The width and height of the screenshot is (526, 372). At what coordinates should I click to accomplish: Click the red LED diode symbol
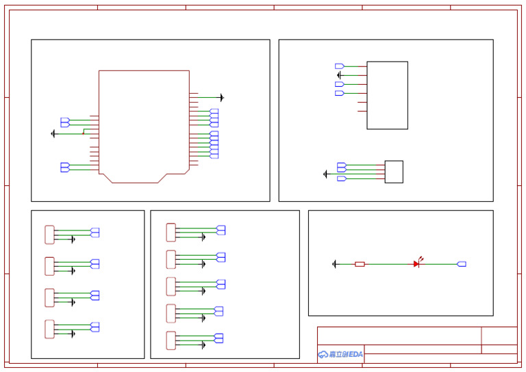(416, 263)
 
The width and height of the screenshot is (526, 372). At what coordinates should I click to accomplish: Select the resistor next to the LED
(360, 264)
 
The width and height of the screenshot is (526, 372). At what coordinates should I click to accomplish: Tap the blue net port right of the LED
(462, 264)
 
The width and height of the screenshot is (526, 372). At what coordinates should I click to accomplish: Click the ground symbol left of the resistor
(334, 264)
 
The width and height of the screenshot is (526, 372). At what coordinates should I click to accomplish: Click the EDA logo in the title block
(340, 354)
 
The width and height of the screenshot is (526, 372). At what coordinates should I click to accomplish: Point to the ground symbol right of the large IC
(221, 98)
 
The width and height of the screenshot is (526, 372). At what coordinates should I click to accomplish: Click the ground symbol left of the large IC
(53, 134)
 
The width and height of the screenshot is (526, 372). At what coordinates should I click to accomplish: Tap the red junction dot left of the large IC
(84, 133)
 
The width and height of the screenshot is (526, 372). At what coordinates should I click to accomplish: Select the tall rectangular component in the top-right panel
(387, 95)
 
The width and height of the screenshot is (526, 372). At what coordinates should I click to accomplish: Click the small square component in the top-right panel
(394, 172)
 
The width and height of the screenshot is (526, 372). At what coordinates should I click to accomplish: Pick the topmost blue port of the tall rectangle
(339, 66)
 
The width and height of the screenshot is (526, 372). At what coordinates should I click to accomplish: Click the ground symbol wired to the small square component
(325, 174)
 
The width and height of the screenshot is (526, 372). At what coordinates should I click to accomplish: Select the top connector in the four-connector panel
(49, 235)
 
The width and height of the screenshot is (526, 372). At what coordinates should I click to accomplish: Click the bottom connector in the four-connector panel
(49, 329)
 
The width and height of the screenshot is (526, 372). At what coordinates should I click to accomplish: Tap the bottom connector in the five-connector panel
(171, 341)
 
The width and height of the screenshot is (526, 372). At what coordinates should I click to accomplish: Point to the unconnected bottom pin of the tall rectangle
(362, 111)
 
